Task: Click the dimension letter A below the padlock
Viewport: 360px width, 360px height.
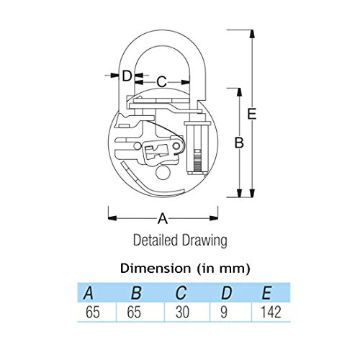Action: (x=163, y=219)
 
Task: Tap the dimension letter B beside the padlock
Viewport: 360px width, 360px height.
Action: (x=239, y=143)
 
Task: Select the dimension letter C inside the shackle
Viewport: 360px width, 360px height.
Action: (x=161, y=81)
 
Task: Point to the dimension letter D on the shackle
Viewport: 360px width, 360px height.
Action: (x=127, y=76)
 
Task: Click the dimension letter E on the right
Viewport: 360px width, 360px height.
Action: (x=252, y=114)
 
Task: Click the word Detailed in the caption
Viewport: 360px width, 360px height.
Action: (x=156, y=240)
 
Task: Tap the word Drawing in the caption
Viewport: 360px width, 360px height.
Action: (x=204, y=240)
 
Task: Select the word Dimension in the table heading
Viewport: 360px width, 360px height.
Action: (x=156, y=268)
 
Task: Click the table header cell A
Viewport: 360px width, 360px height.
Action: (x=89, y=293)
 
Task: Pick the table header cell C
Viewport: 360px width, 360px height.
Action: (x=181, y=293)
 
